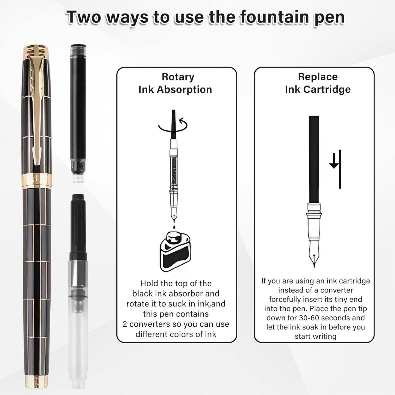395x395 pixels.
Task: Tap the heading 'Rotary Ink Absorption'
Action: (175, 83)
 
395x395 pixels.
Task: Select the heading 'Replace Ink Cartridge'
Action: (318, 83)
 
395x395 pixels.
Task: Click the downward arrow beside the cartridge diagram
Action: (334, 164)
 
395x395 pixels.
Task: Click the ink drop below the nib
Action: (174, 227)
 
